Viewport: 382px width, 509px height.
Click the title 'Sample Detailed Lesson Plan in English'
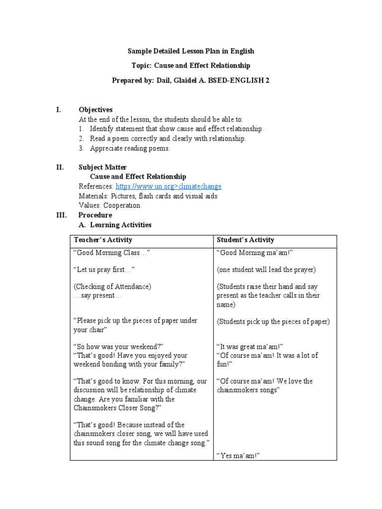click(191, 51)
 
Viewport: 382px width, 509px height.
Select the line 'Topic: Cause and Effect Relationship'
click(191, 65)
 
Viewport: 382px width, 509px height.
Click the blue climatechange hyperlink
click(169, 186)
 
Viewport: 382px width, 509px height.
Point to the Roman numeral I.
click(58, 109)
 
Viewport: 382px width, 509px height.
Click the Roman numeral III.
click(61, 215)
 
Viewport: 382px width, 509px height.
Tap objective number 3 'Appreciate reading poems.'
click(129, 148)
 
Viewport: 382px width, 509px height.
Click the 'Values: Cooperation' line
click(109, 205)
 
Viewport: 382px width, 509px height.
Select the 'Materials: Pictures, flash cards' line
click(148, 196)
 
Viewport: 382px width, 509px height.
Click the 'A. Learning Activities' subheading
click(115, 225)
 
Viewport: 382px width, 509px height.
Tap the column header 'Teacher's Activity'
click(103, 240)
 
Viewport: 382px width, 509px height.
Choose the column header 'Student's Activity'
click(246, 240)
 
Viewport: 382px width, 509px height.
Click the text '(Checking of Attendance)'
click(112, 287)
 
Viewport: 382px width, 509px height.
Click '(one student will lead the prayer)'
click(266, 270)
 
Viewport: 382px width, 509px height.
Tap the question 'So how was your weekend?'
click(118, 346)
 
